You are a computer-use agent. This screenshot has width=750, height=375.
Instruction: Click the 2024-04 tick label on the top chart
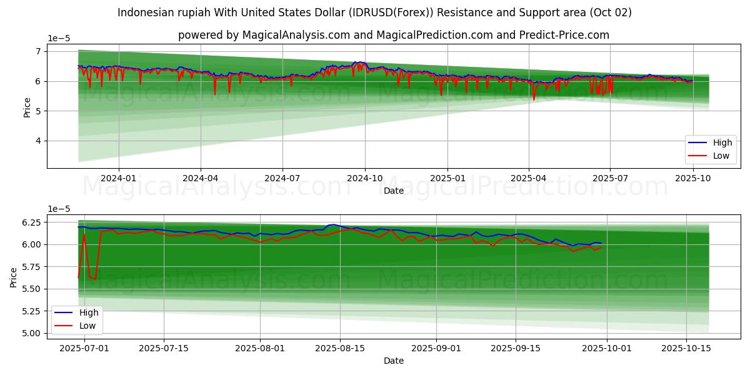200,177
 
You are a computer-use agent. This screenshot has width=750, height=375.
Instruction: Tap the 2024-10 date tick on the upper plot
365,177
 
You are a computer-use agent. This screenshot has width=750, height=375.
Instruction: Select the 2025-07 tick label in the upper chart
609,177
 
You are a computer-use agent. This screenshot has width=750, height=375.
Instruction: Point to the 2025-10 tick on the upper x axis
692,177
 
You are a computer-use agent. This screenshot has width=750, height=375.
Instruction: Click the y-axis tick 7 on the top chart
38,51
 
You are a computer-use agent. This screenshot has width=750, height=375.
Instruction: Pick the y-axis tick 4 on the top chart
38,141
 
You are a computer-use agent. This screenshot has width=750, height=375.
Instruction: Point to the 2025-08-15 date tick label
340,347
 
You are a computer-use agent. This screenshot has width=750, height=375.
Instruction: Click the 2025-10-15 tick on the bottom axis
686,347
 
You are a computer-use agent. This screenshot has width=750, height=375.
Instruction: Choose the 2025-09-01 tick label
436,347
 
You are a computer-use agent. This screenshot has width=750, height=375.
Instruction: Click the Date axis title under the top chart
394,191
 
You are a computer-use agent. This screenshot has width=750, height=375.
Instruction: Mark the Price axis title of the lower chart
14,277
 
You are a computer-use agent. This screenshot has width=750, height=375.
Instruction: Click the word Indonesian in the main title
147,12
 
